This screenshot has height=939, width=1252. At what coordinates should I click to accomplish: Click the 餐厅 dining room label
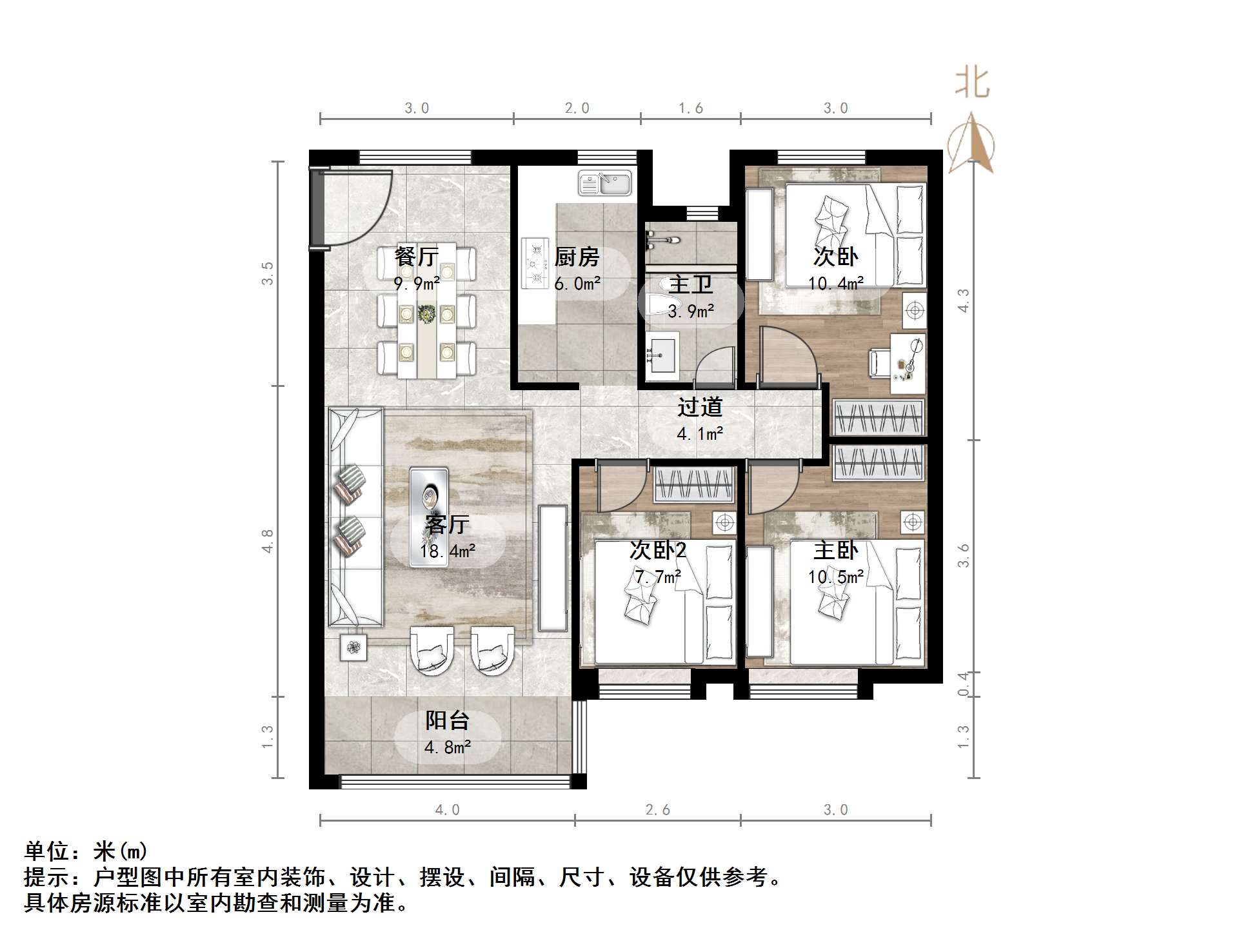pyautogui.click(x=416, y=257)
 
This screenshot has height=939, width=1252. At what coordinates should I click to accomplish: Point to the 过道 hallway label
pyautogui.click(x=700, y=407)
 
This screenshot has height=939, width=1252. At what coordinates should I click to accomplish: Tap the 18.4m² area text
pyautogui.click(x=447, y=551)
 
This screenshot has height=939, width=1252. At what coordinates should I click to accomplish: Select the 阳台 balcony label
pyautogui.click(x=447, y=720)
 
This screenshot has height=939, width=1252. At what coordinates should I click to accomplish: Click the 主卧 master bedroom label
pyautogui.click(x=835, y=550)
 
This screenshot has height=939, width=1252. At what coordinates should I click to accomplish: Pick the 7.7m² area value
pyautogui.click(x=657, y=577)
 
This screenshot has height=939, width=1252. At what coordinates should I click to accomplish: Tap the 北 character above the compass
pyautogui.click(x=972, y=84)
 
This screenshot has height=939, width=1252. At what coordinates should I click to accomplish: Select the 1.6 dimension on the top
pyautogui.click(x=690, y=108)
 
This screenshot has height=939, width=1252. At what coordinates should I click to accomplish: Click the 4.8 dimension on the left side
pyautogui.click(x=267, y=540)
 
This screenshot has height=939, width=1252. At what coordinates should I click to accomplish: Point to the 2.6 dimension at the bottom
pyautogui.click(x=657, y=810)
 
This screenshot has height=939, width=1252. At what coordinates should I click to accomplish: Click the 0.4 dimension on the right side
pyautogui.click(x=963, y=684)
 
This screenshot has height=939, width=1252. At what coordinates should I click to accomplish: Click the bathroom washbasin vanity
pyautogui.click(x=661, y=354)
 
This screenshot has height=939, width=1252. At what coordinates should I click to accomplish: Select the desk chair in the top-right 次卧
pyautogui.click(x=880, y=362)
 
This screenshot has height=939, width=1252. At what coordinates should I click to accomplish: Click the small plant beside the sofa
pyautogui.click(x=353, y=647)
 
